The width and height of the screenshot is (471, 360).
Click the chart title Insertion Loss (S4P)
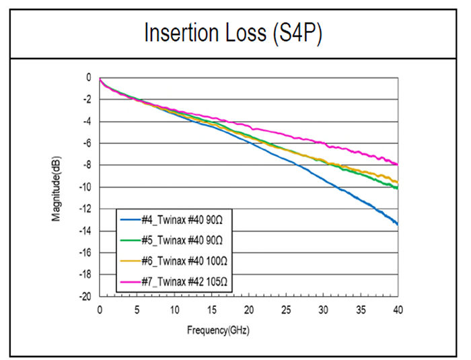coord(233,32)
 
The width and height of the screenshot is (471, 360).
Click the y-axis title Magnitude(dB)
coord(59,186)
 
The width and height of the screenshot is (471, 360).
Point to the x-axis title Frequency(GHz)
coord(248,331)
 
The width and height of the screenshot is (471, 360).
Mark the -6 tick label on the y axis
coord(86,143)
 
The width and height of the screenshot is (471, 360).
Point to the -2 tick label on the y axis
coord(86,100)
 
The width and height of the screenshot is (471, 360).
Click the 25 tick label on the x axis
coord(286,310)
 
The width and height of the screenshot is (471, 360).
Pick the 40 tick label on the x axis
coord(398,310)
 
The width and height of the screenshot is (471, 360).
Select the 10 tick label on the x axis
coord(174,310)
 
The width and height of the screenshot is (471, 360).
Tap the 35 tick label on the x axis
coord(361,310)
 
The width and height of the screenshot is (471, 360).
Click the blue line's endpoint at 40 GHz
coord(398,224)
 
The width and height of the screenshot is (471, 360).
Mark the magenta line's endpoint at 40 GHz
coord(398,165)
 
